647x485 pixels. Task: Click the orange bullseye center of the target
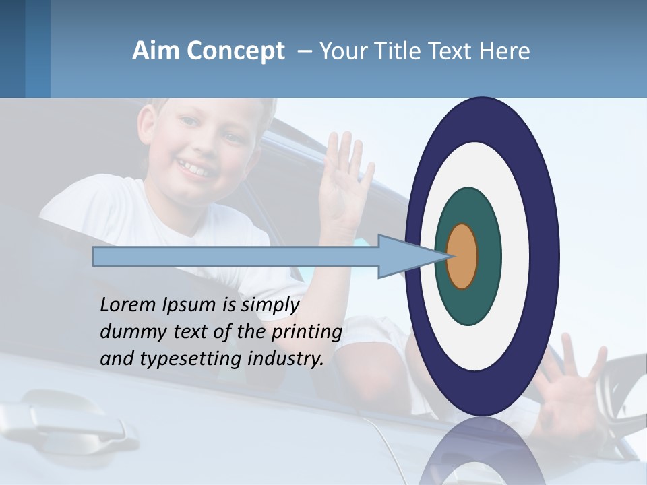[462, 256]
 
